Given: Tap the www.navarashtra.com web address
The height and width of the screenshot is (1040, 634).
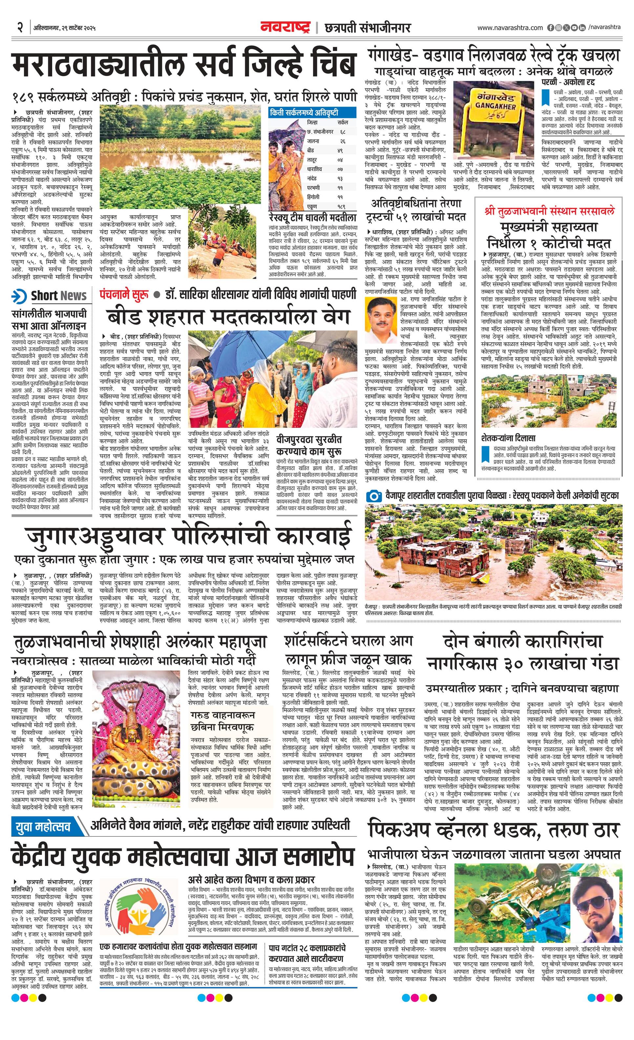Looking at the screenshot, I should click(x=510, y=28).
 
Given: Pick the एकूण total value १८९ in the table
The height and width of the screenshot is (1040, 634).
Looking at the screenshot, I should click(x=342, y=207).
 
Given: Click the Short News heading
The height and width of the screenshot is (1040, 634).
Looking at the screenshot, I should click(x=58, y=295).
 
